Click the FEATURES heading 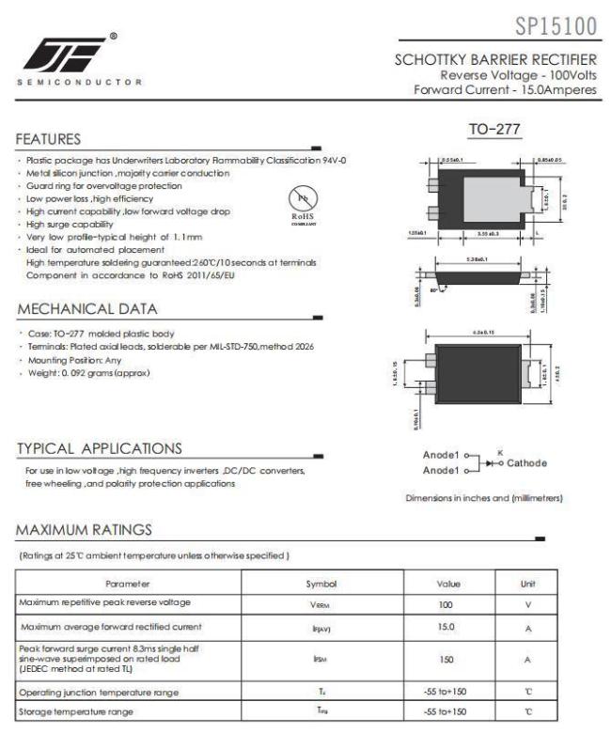(48, 139)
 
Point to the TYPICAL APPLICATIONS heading (100, 448)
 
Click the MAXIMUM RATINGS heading (84, 531)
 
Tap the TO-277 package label (494, 129)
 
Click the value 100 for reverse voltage (446, 604)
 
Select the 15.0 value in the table (446, 627)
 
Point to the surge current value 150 (446, 660)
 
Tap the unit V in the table (528, 604)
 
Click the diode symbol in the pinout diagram (490, 463)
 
